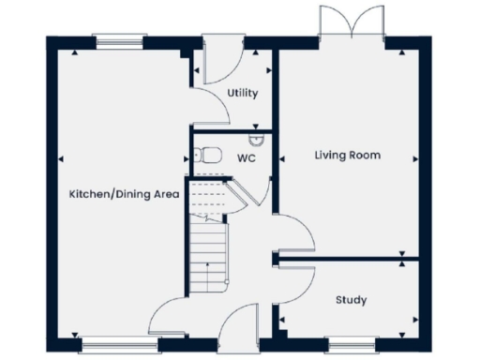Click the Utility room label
click(243, 94)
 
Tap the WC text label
click(247, 158)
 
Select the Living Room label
click(347, 155)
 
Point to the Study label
click(351, 300)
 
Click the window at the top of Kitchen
click(120, 40)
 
